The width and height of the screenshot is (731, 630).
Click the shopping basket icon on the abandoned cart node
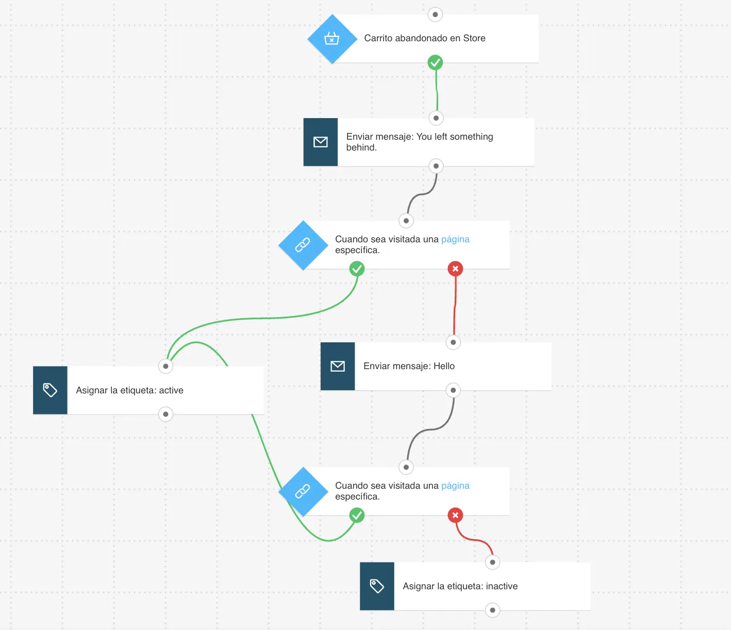(x=331, y=38)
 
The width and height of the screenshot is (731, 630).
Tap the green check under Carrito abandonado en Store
(x=435, y=62)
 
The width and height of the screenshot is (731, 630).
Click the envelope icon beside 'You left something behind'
(x=321, y=142)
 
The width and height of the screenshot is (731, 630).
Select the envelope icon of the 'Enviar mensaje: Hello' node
(x=337, y=366)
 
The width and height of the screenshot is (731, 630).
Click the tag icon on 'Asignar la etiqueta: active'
(x=50, y=390)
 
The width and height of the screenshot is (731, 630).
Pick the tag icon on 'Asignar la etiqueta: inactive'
(x=377, y=586)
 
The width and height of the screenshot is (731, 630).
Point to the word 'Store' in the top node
(x=474, y=38)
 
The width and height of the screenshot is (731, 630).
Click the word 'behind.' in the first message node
(x=361, y=147)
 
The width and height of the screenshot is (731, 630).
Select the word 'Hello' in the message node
(x=444, y=366)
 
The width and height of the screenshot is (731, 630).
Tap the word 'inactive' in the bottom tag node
(x=502, y=586)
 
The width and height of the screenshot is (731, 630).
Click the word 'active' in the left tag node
(x=171, y=390)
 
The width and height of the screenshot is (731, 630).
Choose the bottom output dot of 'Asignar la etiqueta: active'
(x=165, y=414)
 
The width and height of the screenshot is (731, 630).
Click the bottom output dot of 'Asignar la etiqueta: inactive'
(x=492, y=610)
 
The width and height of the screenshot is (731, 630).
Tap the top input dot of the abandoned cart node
(x=435, y=14)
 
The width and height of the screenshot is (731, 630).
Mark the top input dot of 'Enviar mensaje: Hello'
(x=453, y=342)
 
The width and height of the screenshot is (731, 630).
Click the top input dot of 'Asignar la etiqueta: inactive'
(x=492, y=562)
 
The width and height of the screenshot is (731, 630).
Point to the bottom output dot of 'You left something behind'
(x=436, y=166)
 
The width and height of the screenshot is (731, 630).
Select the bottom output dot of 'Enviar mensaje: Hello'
(x=453, y=390)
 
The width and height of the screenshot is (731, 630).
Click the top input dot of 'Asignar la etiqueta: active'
(x=165, y=366)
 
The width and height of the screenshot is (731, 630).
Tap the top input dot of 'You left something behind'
(x=436, y=118)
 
